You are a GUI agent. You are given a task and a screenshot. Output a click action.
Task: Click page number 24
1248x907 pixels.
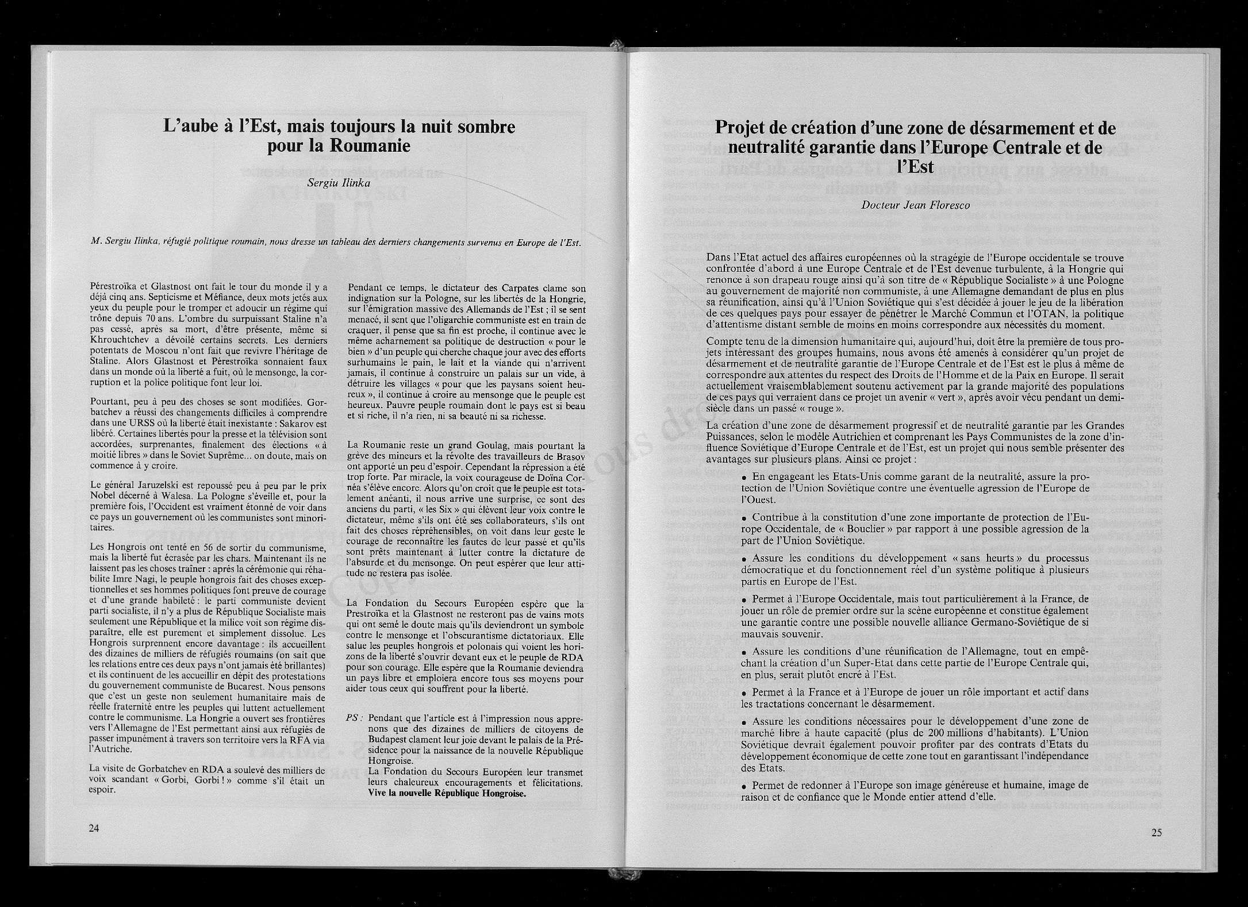tap(94, 828)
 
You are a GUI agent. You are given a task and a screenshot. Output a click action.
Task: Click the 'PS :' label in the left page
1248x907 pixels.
tap(355, 718)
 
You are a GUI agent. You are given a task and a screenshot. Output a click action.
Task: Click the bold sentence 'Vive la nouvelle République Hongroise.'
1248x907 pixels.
tap(447, 794)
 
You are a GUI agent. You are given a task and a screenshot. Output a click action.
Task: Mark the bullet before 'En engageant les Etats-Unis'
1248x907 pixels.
tap(745, 478)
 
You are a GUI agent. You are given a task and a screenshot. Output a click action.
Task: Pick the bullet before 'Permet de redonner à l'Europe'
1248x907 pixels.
tap(745, 786)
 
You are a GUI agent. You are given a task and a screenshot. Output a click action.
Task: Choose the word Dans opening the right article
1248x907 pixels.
tap(719, 258)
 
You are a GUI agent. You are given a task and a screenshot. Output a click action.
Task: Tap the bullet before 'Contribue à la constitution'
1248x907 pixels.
tap(745, 518)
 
